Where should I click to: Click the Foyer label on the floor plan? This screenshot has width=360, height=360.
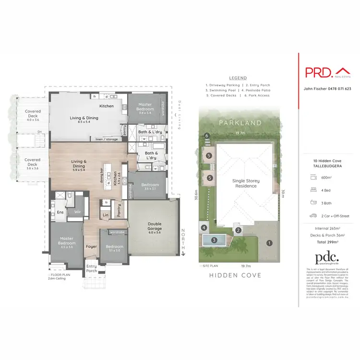[91, 247]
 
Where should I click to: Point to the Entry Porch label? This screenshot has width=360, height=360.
[91, 269]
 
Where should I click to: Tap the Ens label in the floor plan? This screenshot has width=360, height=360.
[60, 212]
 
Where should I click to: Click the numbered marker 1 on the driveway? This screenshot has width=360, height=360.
[269, 243]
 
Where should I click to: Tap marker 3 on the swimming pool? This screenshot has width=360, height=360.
[214, 240]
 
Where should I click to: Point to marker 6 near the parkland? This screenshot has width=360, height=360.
[206, 136]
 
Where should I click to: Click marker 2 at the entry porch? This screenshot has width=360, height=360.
[238, 230]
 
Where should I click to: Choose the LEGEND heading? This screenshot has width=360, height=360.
[238, 78]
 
